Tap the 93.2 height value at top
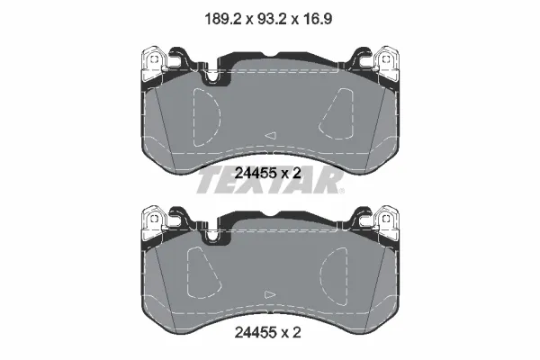(x=271, y=19)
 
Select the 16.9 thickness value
(x=317, y=19)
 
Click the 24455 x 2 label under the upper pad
(x=267, y=173)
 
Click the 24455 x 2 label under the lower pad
(x=267, y=332)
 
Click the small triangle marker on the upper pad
(x=271, y=135)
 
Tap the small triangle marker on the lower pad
(x=270, y=294)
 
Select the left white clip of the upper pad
(x=154, y=64)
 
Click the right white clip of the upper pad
(x=387, y=64)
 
